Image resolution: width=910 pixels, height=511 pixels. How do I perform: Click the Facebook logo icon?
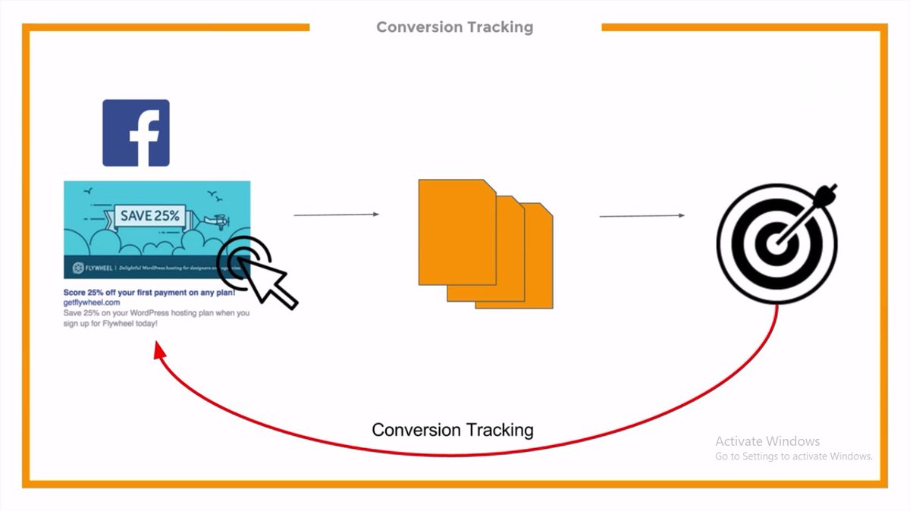[x=136, y=133]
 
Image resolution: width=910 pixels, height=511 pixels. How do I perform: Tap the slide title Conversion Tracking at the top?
[x=454, y=27]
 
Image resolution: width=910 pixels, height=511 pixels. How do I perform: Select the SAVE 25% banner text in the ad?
[x=150, y=215]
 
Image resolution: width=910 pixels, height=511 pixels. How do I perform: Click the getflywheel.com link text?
[x=92, y=302]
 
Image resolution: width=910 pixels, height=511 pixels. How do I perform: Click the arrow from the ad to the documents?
[x=336, y=215]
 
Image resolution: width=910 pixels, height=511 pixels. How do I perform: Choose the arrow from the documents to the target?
[x=642, y=216]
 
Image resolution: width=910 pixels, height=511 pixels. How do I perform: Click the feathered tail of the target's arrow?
[x=828, y=192]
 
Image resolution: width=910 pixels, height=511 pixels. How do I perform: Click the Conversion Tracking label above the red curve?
[x=453, y=431]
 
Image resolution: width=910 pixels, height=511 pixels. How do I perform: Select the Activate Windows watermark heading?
[x=767, y=441]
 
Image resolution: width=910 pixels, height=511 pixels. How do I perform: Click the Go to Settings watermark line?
[x=793, y=456]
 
